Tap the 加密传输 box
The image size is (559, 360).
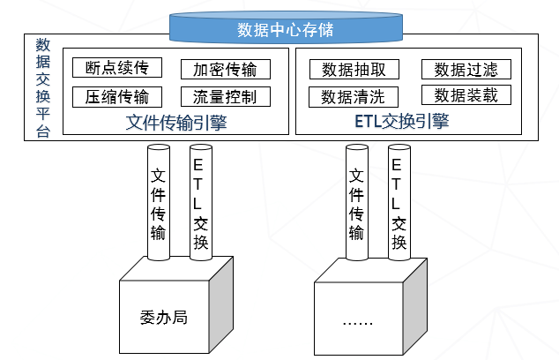click(x=225, y=69)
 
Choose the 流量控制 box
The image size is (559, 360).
click(x=225, y=96)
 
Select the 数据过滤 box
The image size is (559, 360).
click(x=460, y=69)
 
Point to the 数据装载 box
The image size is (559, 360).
click(x=460, y=95)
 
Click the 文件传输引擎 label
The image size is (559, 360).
click(x=177, y=121)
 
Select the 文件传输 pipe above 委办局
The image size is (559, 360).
click(x=159, y=204)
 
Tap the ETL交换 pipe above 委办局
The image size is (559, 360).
click(x=200, y=204)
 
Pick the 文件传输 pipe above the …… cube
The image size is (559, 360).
click(x=356, y=204)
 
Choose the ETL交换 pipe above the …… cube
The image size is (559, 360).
click(x=398, y=204)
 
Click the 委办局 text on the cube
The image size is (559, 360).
click(x=163, y=315)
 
